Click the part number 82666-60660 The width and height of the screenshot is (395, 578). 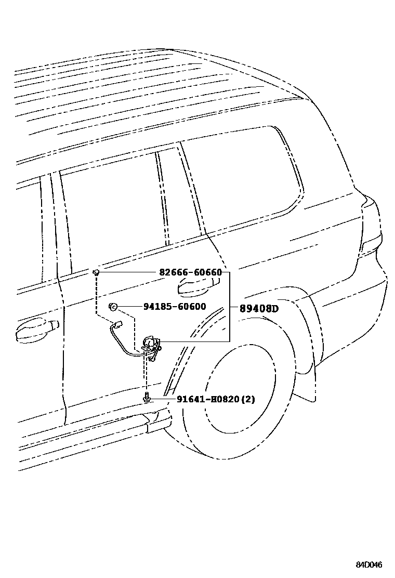190,273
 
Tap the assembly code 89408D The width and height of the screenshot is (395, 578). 259,309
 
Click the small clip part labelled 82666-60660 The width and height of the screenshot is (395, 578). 97,272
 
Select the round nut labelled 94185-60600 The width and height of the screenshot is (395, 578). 112,307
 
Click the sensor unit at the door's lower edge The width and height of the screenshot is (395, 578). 151,344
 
